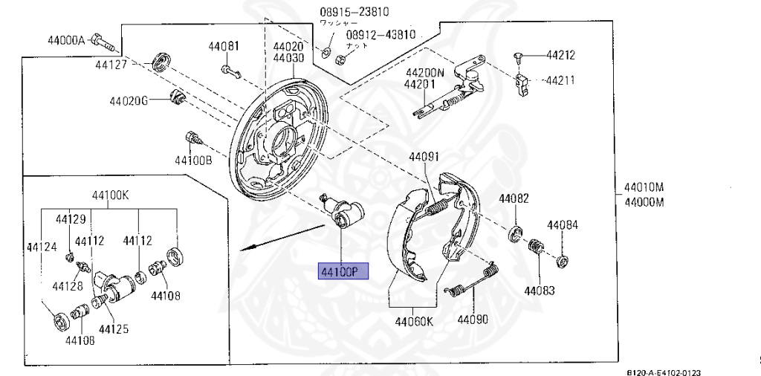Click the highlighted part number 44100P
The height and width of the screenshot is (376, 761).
[x=343, y=272]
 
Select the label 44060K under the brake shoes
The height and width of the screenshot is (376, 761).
[x=413, y=321]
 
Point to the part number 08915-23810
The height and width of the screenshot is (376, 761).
[x=354, y=11]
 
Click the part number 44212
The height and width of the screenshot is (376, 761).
[x=560, y=55]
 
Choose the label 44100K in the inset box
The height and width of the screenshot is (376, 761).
[x=110, y=195]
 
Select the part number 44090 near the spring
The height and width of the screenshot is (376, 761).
[x=473, y=321]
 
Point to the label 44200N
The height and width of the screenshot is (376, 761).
[x=424, y=73]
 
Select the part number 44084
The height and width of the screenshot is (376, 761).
[x=562, y=224]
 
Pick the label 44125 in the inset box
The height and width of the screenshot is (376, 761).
[x=114, y=328]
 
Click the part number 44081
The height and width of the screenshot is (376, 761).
[x=224, y=46]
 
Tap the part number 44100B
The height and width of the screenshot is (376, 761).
[x=193, y=160]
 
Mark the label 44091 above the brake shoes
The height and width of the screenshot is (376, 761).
[x=424, y=157]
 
